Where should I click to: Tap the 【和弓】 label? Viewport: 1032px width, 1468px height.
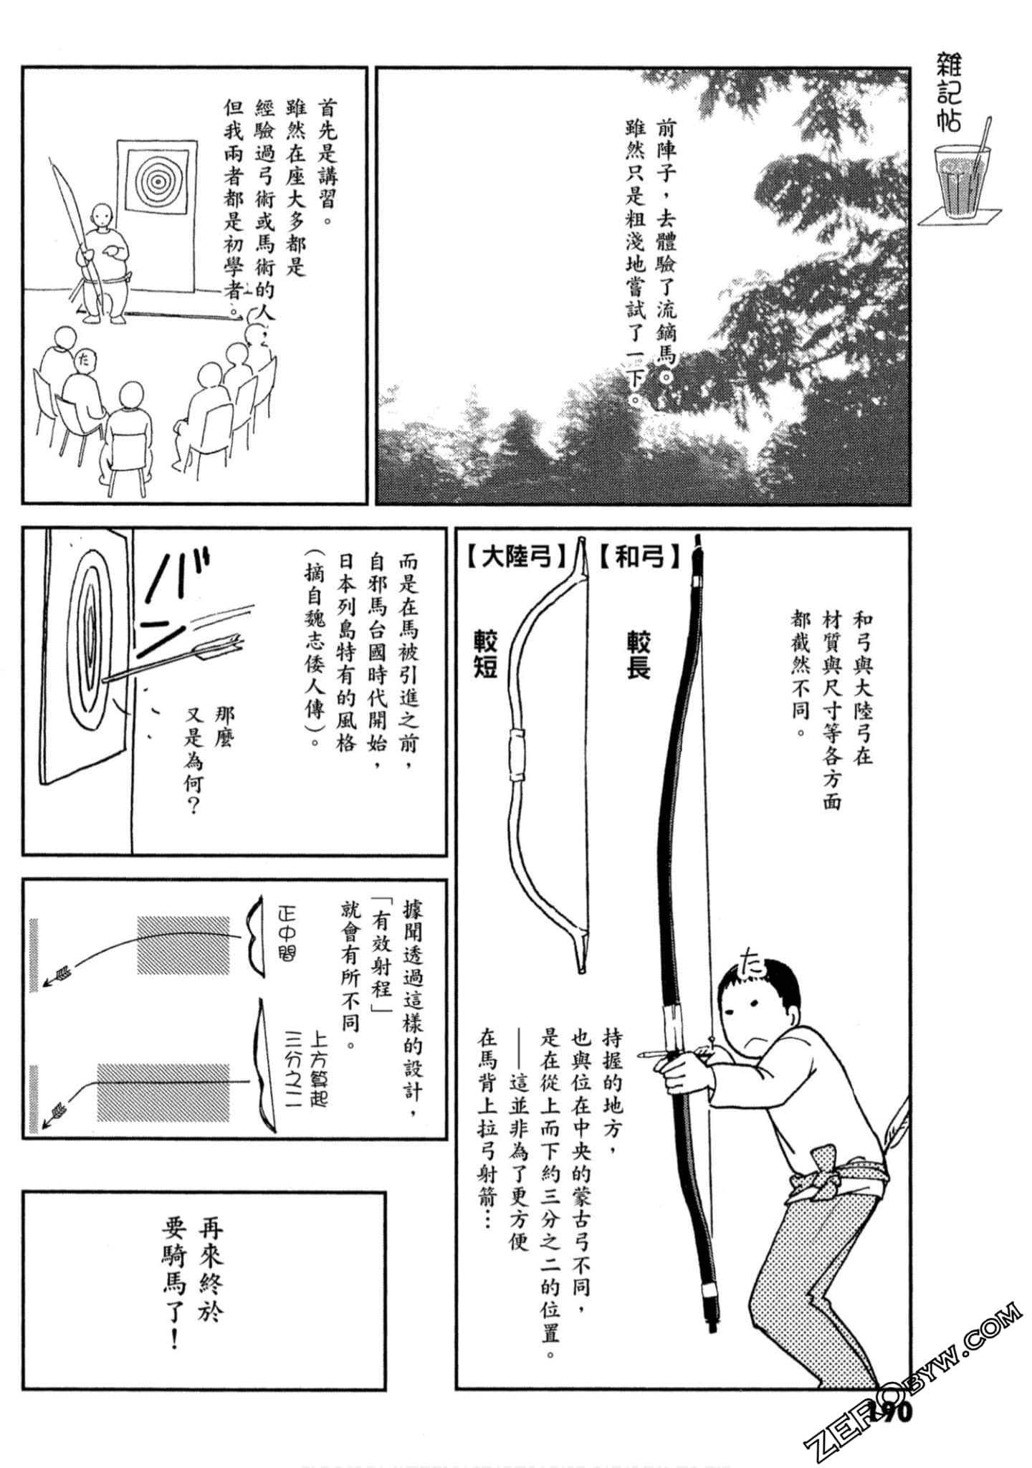tap(640, 557)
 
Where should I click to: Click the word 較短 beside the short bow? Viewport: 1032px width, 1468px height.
tap(485, 654)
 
